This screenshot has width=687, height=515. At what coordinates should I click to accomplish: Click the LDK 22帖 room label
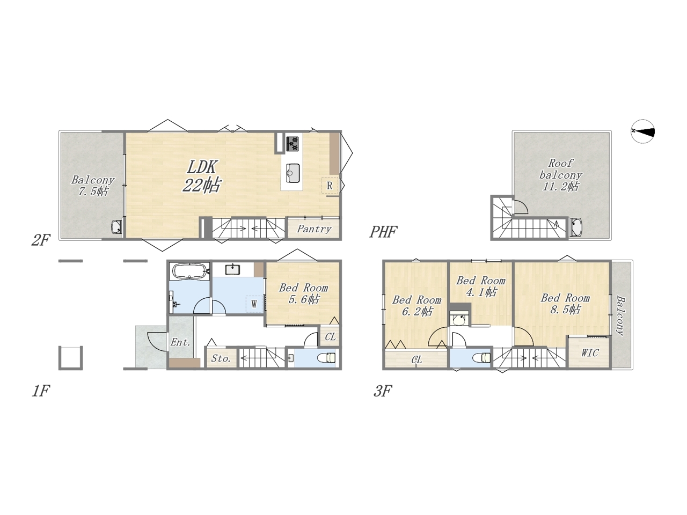click(202, 176)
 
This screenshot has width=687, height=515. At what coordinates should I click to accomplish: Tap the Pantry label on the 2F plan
click(314, 229)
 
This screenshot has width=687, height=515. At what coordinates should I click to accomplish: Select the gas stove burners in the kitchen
click(293, 144)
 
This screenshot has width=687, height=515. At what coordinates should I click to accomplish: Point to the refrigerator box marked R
click(330, 186)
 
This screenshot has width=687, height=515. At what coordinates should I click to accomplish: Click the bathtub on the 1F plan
click(189, 270)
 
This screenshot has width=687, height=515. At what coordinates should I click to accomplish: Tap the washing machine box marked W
click(254, 304)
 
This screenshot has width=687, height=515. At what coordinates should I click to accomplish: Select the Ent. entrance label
click(180, 342)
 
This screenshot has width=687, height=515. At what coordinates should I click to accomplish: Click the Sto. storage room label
click(221, 358)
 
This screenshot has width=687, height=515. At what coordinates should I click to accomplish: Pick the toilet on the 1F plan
click(328, 357)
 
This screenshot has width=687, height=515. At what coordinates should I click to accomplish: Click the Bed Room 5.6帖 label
click(303, 293)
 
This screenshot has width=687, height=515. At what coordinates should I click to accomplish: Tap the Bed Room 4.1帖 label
click(481, 286)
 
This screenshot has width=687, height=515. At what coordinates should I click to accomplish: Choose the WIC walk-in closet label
click(590, 353)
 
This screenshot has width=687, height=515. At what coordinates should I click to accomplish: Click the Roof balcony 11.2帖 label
click(560, 175)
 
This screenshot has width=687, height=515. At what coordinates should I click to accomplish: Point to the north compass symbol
click(642, 131)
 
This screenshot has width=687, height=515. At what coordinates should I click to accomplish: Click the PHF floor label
click(383, 232)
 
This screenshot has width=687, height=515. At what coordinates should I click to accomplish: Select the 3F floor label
click(383, 391)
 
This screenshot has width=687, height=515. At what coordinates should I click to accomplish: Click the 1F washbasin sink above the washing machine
click(232, 269)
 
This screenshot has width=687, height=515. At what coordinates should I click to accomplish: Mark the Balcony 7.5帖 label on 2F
click(93, 186)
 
